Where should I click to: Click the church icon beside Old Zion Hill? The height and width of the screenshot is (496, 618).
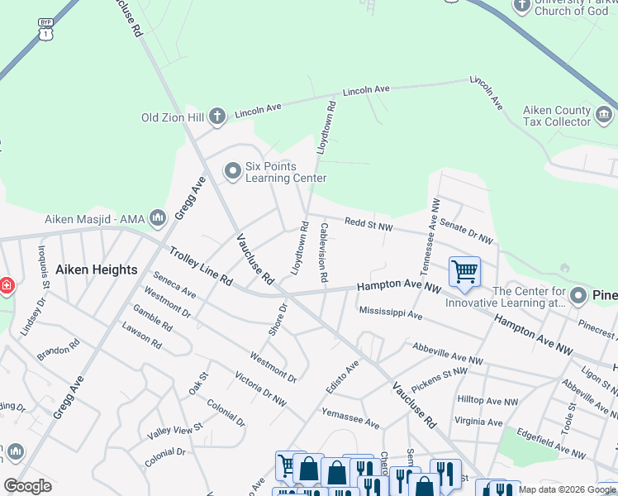[217, 116]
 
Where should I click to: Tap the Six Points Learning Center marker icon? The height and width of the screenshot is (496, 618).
[232, 171]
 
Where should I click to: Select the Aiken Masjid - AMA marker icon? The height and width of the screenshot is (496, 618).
[159, 218]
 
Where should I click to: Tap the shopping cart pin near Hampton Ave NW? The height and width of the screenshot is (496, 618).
[464, 272]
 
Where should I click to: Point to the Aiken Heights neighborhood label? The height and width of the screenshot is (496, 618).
[96, 269]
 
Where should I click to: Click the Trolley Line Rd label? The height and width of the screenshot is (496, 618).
[202, 266]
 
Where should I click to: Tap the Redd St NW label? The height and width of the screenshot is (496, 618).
[368, 222]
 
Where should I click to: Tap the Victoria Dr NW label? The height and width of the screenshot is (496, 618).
[260, 390]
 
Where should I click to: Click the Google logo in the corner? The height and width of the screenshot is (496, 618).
[27, 485]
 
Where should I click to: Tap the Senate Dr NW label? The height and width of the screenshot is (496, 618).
[467, 231]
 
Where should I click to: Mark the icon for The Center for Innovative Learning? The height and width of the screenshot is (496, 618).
[578, 296]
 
